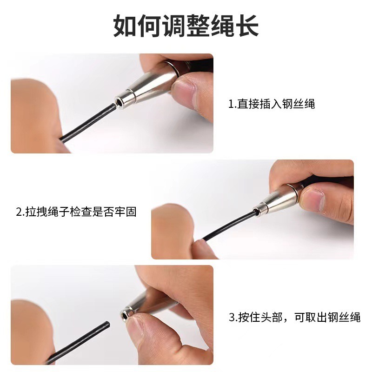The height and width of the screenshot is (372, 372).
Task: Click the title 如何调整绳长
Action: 186,27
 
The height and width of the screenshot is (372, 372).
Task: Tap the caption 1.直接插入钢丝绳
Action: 271,104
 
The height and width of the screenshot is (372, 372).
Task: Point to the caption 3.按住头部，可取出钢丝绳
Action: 294,318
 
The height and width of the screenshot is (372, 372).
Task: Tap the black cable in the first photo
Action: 88,122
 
